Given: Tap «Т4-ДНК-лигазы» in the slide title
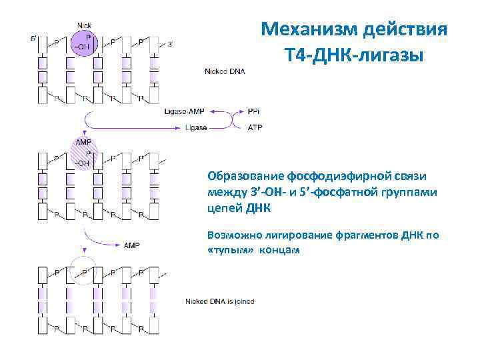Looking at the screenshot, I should click(x=353, y=54).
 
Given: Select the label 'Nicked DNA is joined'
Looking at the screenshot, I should click(x=219, y=301).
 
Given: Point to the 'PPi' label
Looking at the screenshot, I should click(x=254, y=111).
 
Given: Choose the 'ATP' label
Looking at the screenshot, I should click(x=255, y=127).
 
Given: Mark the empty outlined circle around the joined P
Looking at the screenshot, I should click(x=85, y=271).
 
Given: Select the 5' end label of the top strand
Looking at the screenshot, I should click(x=34, y=39).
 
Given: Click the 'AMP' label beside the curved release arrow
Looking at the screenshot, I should click(x=131, y=245).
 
